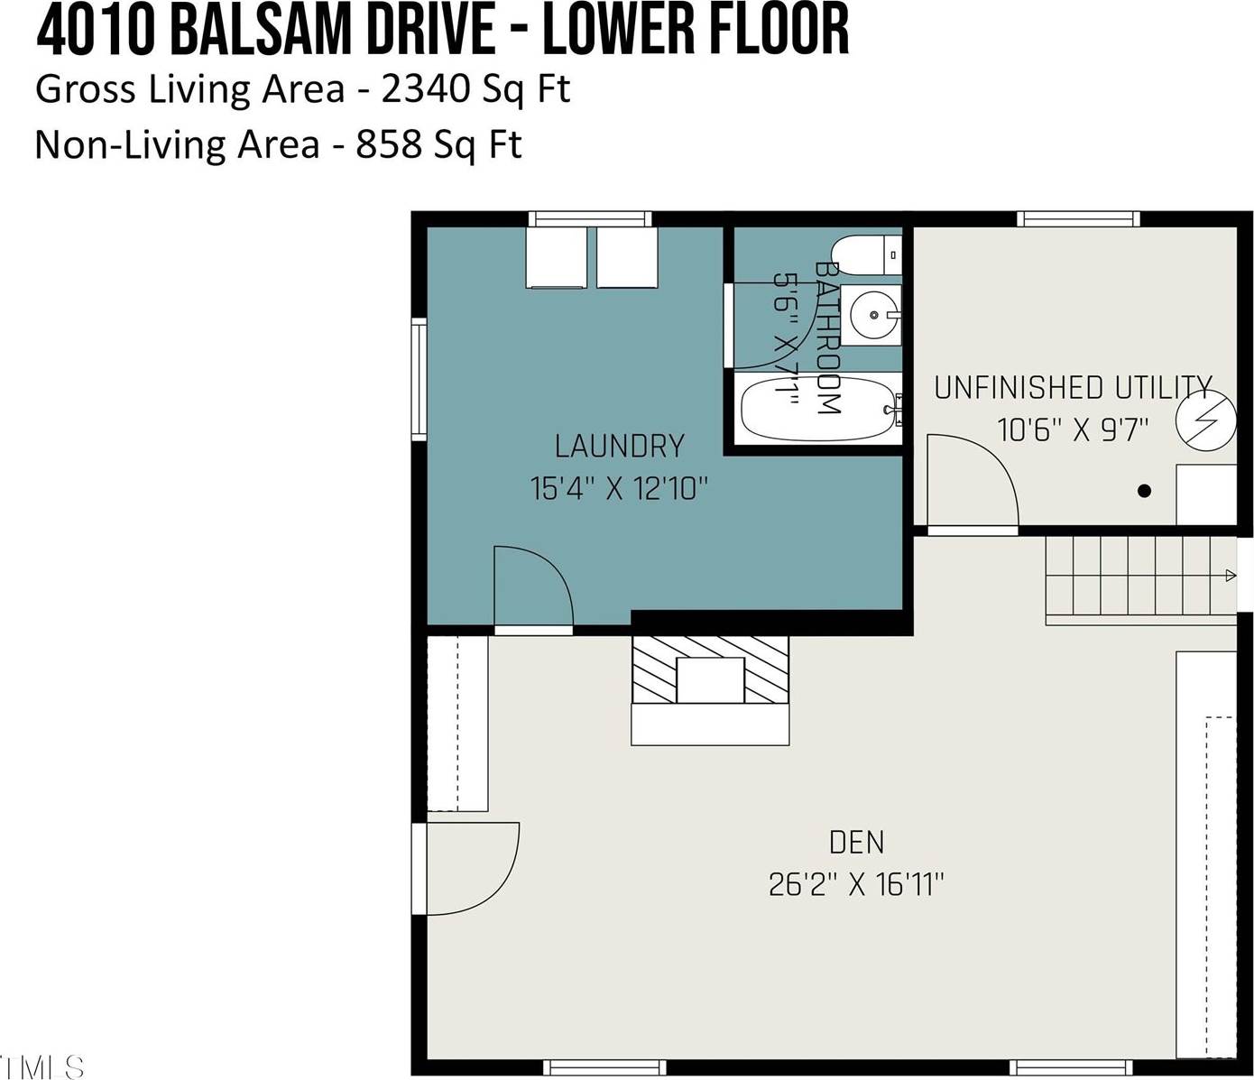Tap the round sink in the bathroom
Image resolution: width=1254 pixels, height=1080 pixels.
coord(875,315)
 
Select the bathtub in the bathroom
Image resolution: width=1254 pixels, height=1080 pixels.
coord(819,409)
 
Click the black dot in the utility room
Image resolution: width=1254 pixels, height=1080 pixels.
coord(1144,491)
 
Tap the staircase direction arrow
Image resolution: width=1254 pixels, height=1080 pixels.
coord(1231,576)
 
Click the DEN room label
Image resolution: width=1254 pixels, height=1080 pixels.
coord(856,843)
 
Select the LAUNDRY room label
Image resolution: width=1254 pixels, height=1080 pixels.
coord(619,446)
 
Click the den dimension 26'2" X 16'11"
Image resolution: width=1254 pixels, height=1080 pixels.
coord(855,884)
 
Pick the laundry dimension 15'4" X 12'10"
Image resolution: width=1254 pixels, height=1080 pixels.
coord(619,489)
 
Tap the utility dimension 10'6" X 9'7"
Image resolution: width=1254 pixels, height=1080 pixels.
coord(1072,429)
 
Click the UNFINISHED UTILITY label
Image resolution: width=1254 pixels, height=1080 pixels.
coord(1072,388)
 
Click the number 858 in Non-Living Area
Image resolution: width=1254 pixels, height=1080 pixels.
coord(388,144)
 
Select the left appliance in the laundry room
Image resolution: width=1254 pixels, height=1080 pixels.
coord(557,257)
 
